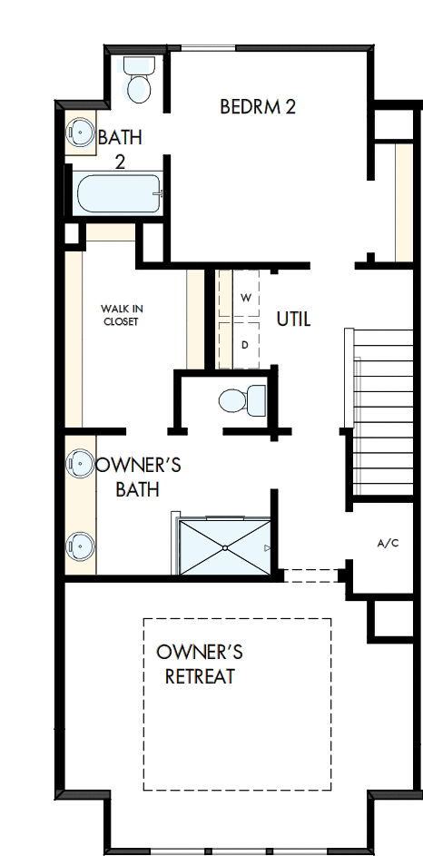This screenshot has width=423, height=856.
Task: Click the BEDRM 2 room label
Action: click(x=258, y=107)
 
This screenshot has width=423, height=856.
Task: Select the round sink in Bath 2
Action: click(x=81, y=133)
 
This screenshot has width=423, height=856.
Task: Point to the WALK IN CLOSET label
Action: click(x=122, y=315)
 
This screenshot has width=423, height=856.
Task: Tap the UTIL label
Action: click(x=293, y=320)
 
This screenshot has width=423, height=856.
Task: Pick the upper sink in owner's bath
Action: click(x=81, y=463)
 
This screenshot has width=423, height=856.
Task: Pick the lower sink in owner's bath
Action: click(x=81, y=545)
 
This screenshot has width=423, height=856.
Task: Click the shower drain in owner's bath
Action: click(x=224, y=550)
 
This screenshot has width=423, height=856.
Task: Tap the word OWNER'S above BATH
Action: click(x=138, y=466)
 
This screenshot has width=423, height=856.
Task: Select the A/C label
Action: click(x=388, y=545)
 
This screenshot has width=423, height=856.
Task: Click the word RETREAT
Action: click(x=200, y=676)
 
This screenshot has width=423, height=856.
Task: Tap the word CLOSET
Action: click(x=121, y=321)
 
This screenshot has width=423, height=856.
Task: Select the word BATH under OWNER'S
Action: click(x=138, y=490)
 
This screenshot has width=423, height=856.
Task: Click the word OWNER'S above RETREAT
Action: click(x=200, y=653)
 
